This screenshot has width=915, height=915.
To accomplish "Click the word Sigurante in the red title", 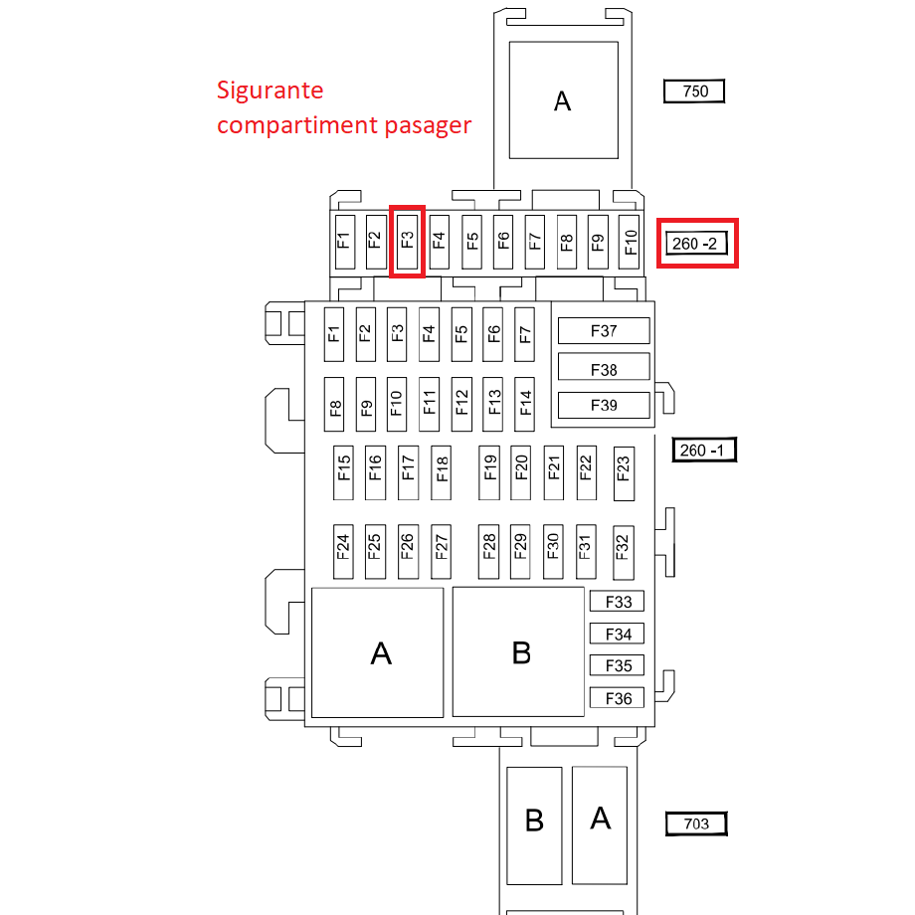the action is pos(270,91).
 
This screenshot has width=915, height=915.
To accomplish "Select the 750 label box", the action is pos(694,91).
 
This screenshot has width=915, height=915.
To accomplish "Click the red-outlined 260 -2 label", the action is pos(697,244).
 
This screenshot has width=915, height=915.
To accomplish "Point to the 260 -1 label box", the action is pos(704,450).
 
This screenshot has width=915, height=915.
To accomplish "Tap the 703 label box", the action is pos(696,823).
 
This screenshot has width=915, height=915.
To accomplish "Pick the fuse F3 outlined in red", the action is pos(407,241).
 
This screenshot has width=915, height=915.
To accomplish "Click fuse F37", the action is pos(604,331).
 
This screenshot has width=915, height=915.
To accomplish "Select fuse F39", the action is pos(604,405).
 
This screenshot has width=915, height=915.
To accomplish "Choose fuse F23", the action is pos(624,473).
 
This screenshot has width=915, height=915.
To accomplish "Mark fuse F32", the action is pos(624,552).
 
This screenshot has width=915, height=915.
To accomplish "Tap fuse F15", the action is pos(344,472).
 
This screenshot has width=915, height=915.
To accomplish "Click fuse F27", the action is pos(442,551).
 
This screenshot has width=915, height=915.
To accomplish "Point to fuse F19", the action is pos(489,472).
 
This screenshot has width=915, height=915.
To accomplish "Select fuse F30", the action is pos(553,551).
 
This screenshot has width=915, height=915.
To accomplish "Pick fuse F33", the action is pos(617,601).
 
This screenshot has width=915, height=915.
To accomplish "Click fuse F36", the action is pos(617,698).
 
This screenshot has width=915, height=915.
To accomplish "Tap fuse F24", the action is pos(343,551).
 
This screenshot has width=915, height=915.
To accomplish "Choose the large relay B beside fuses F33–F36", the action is pos(518,651).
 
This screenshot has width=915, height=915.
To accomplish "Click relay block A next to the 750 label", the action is pos(564,99).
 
